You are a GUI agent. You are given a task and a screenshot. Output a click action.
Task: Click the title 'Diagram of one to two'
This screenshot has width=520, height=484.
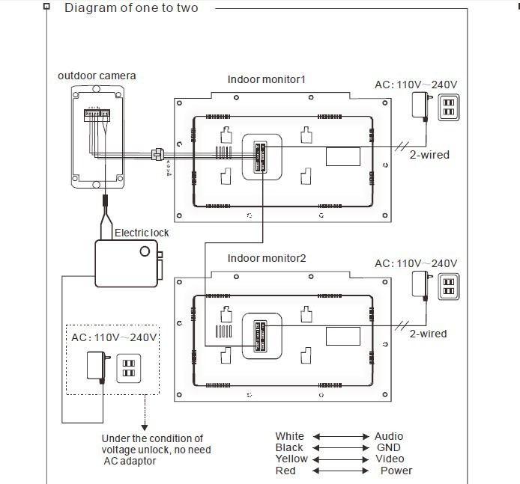pos(131,8)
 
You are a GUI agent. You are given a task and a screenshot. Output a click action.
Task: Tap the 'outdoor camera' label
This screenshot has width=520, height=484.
pos(97,76)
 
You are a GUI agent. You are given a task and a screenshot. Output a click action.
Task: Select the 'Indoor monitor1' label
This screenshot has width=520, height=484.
pos(267,79)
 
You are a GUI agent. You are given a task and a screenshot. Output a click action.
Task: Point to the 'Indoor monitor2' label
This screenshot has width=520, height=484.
pos(267,258)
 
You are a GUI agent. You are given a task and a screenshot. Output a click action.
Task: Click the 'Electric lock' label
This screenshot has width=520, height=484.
pos(142,233)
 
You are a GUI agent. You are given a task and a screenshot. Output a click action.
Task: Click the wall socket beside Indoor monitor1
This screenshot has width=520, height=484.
pos(448,106)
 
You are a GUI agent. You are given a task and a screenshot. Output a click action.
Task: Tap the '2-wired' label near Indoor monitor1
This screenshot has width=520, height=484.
pos(429,155)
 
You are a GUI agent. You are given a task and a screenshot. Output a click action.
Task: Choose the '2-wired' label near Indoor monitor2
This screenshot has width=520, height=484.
pos(428,334)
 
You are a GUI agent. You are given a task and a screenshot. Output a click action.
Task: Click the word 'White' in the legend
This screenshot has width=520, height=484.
pos(289,436)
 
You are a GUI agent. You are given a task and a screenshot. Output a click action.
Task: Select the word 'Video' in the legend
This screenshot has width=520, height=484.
pos(389,459)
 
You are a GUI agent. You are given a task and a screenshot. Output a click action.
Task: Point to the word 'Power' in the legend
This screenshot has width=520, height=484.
pos(396,471)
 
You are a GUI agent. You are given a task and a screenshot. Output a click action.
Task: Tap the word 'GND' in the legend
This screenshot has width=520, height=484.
pos(388,447)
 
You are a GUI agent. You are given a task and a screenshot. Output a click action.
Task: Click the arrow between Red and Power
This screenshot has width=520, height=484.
pos(341,471)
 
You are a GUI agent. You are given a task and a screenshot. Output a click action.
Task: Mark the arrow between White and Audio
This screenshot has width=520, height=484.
pos(341,436)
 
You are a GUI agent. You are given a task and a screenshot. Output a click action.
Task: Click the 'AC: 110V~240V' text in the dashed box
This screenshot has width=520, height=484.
pos(114,337)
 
